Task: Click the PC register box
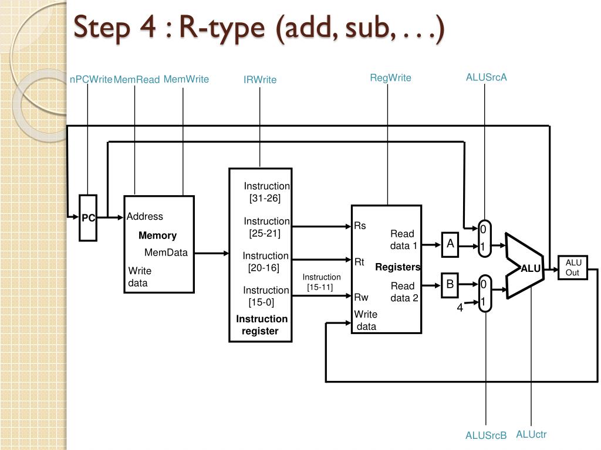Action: pos(88,218)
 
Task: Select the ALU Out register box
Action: pos(572,268)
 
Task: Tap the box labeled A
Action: pos(450,244)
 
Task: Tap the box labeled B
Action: pos(450,285)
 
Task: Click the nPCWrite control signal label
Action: pos(91,80)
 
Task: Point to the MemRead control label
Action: pos(137,80)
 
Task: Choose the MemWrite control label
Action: pos(186,79)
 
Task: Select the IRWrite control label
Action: pos(260,80)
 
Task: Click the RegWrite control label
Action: pos(390,78)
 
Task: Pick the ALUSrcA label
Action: pos(486,77)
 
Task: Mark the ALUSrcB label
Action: pos(486,435)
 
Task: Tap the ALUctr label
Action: pos(531,434)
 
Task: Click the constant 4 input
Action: pos(460,306)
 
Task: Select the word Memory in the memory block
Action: pos(157,236)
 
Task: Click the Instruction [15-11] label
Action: pos(321,282)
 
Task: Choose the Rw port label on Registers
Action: pos(361,297)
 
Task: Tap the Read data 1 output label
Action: pos(403,240)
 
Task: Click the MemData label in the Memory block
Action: pos(166,253)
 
